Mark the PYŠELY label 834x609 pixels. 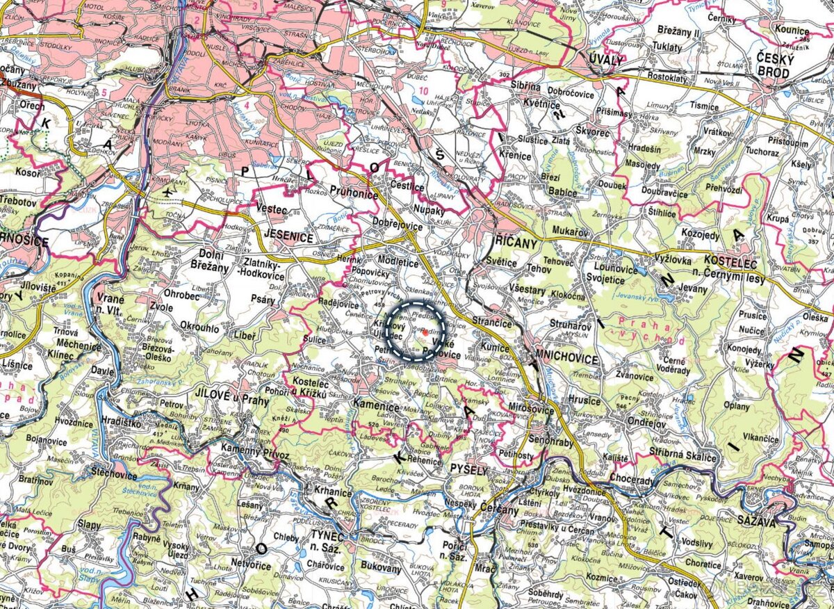[x=471, y=470]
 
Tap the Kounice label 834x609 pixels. [x=794, y=31]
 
